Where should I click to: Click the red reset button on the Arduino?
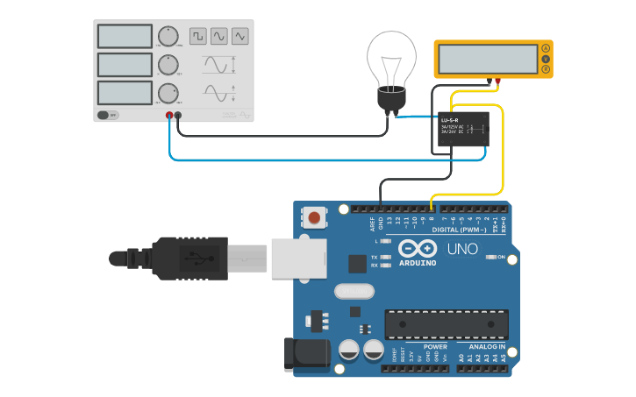(314, 216)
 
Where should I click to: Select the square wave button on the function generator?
(197, 36)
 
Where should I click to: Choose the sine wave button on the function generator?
(218, 36)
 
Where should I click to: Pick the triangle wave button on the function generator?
(240, 36)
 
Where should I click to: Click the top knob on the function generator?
(167, 36)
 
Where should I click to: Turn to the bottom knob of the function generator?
(167, 93)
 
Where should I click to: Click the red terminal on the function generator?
(169, 116)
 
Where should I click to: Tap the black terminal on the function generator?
(178, 116)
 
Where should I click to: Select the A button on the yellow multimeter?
(545, 47)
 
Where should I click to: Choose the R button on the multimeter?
(545, 69)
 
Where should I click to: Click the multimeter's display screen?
(487, 59)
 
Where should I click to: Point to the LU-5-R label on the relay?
(449, 119)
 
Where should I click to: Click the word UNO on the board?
(462, 249)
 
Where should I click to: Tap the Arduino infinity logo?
(417, 247)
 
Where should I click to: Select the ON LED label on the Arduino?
(501, 257)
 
